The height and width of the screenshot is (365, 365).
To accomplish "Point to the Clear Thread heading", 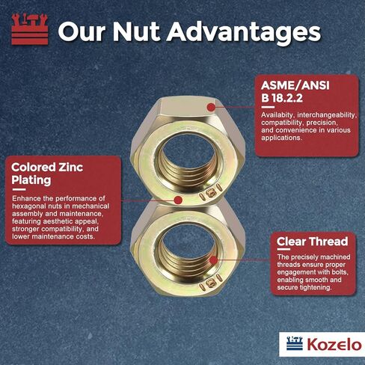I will [x=312, y=241].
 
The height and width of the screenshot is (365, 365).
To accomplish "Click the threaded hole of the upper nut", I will [x=182, y=150].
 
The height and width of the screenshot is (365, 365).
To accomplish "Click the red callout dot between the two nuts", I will [x=178, y=200].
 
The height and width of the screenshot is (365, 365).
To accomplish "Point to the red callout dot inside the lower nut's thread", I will [x=212, y=260].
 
